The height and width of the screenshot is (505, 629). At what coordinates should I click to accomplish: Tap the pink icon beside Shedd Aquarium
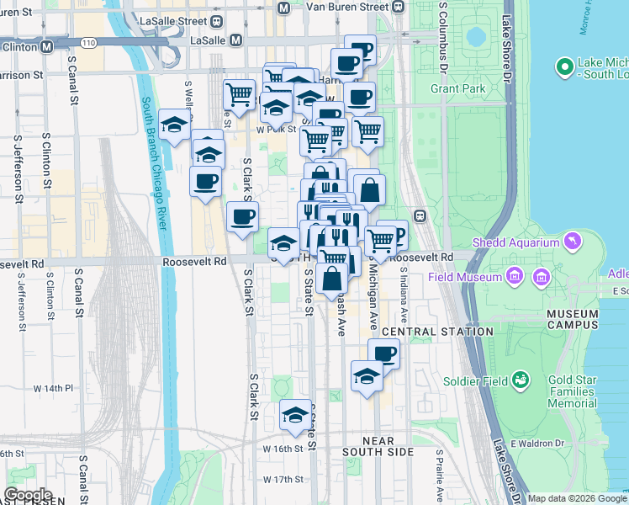(x=573, y=243)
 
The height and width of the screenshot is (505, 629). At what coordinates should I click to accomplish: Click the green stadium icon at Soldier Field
(x=521, y=381)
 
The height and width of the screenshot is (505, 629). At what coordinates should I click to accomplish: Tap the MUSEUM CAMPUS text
(x=572, y=319)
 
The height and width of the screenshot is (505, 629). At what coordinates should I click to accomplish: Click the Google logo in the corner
(x=28, y=495)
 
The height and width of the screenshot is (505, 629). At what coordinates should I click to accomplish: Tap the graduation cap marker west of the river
(x=174, y=127)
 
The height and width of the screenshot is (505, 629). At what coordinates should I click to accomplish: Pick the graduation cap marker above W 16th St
(x=295, y=414)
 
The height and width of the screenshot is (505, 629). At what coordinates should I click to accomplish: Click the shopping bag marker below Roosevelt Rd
(x=333, y=277)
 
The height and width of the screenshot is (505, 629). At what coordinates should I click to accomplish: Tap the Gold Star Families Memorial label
(x=573, y=392)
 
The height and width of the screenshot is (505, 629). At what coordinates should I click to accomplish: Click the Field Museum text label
(x=464, y=277)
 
